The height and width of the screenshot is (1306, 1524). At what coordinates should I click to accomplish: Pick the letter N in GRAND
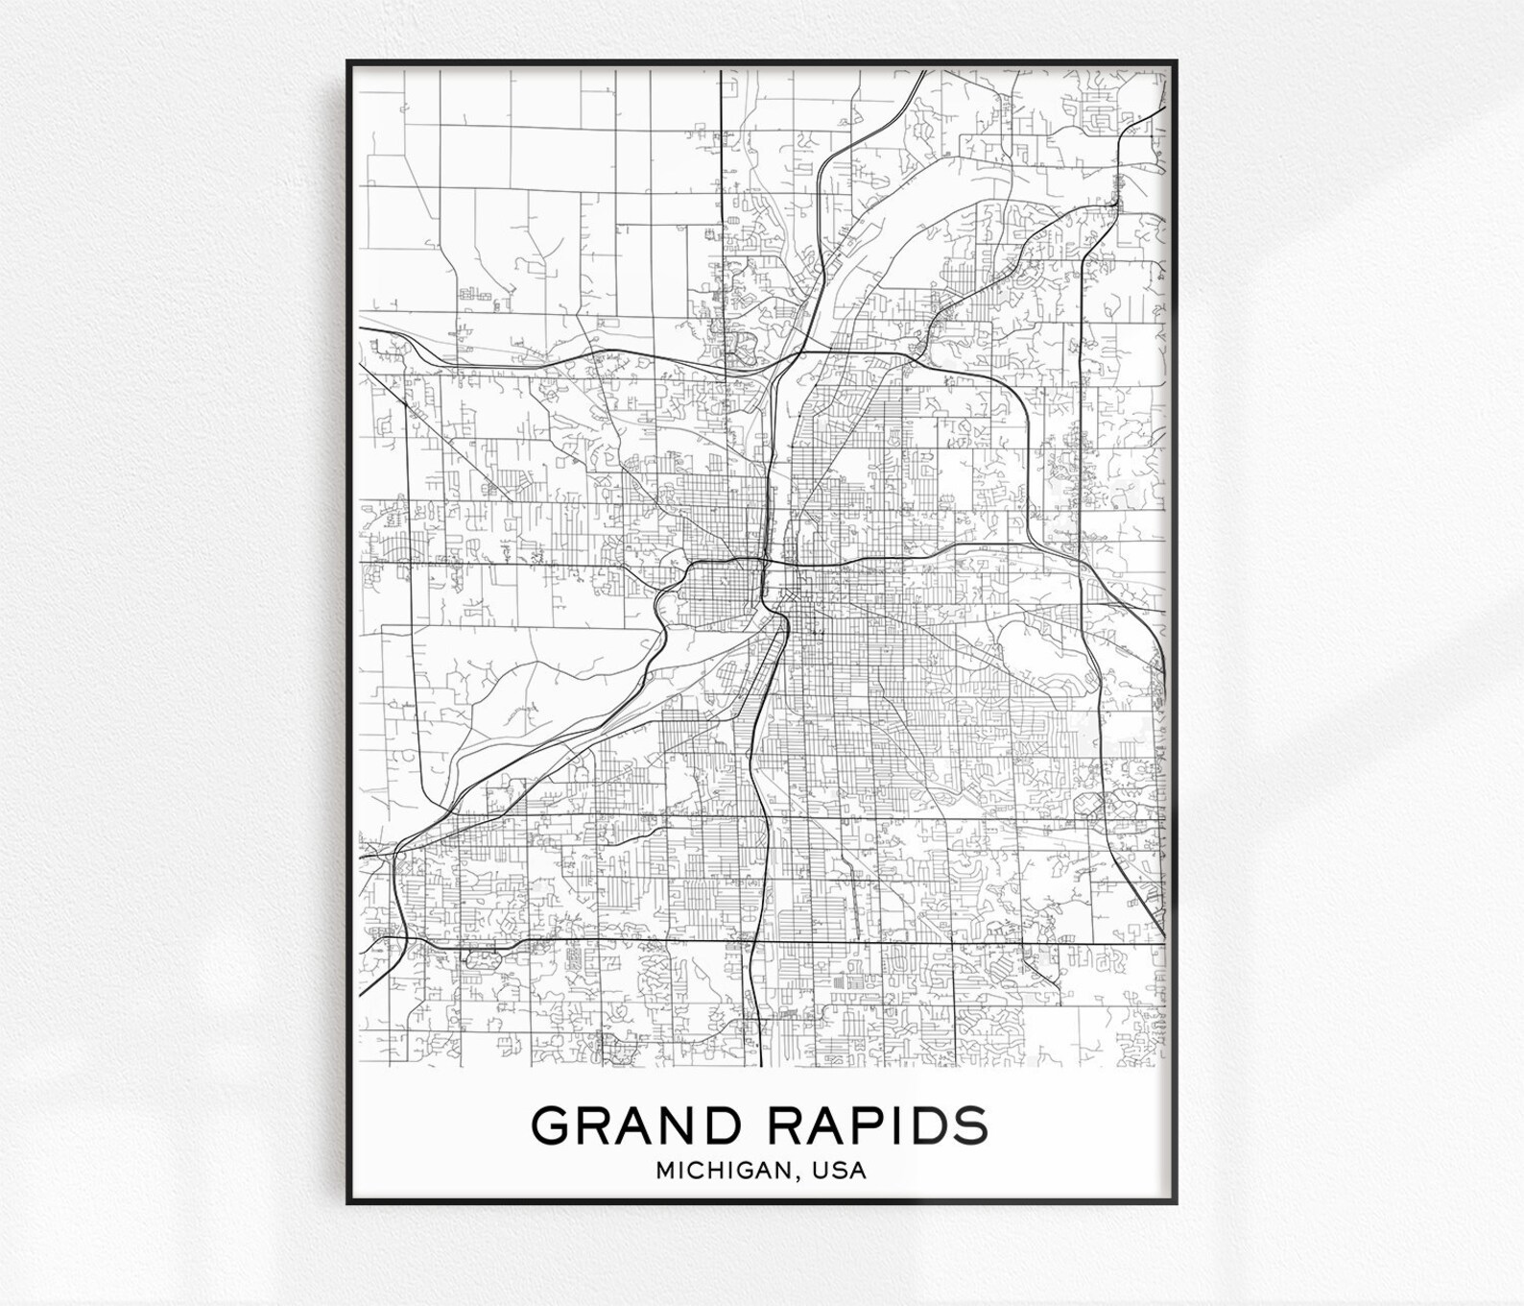click(681, 1125)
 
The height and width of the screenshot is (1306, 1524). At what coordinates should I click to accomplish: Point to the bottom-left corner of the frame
click(347, 1202)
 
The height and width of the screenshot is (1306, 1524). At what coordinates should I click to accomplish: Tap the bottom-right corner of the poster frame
click(1177, 1202)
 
